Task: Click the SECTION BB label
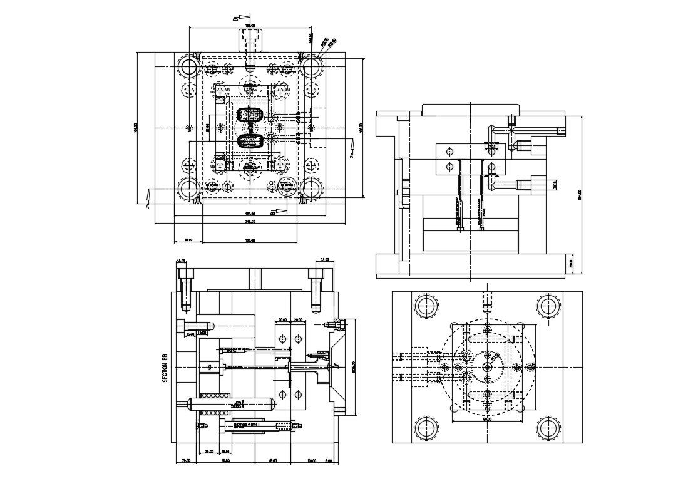[x=165, y=368]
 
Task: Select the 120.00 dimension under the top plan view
[x=250, y=240]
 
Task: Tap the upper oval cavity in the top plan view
[x=250, y=116]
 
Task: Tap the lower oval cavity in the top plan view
[x=250, y=141]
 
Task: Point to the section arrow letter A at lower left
[x=148, y=205]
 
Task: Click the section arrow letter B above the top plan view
[x=235, y=19]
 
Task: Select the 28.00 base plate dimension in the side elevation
[x=570, y=263]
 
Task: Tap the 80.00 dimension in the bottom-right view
[x=487, y=419]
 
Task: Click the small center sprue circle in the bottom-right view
[x=487, y=367]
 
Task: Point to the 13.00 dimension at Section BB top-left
[x=181, y=261]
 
